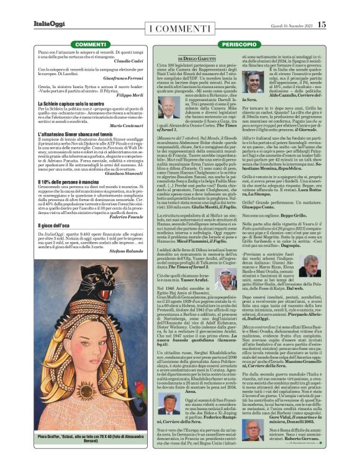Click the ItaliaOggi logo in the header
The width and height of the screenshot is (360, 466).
pos(49,25)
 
